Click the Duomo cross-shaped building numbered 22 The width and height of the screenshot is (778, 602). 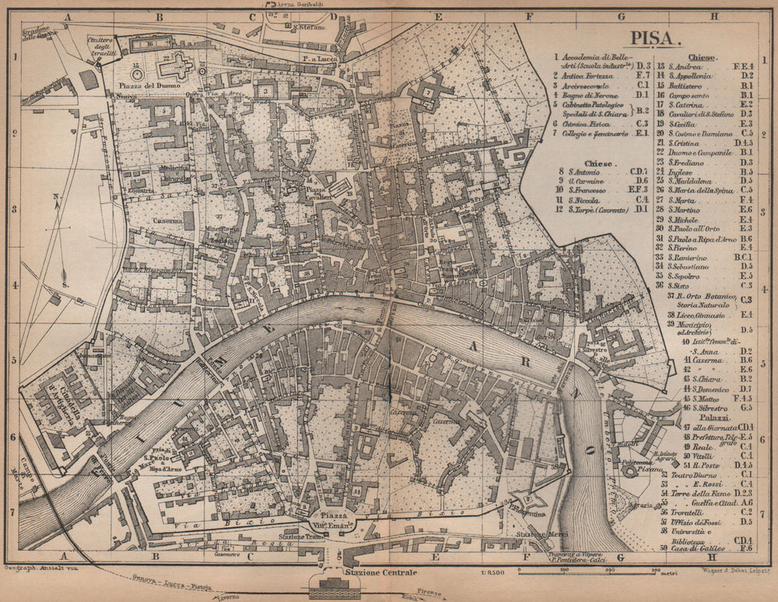[x=175, y=67]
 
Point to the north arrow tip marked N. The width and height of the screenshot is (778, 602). [x=57, y=197]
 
